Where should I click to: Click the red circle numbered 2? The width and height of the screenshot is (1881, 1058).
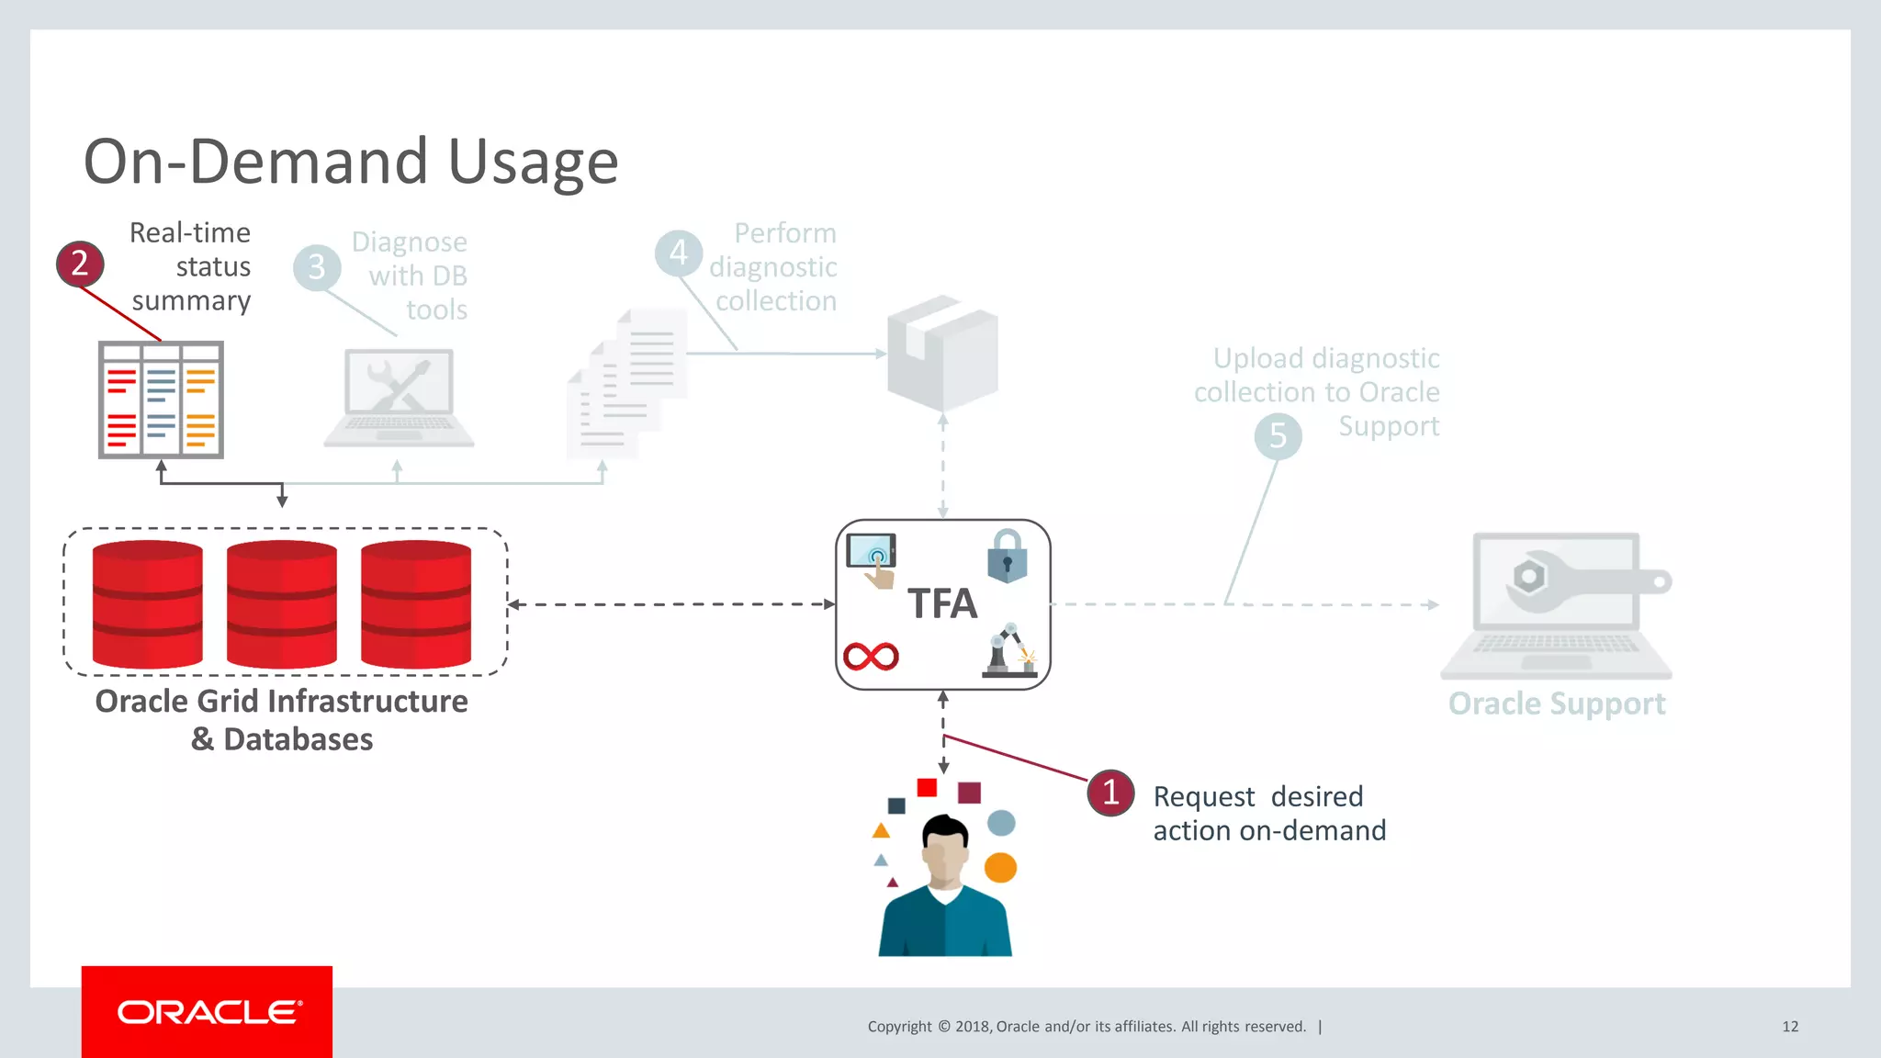tap(80, 264)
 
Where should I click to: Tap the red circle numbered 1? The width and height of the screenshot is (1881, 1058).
tap(1110, 793)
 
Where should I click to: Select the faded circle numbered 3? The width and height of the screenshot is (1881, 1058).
tap(317, 267)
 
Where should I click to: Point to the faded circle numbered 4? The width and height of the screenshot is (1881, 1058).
tap(679, 253)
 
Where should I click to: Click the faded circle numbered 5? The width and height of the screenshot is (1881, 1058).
tap(1278, 435)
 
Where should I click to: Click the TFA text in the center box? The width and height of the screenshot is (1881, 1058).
tap(942, 604)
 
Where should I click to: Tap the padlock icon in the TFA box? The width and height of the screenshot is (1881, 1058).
tap(1007, 557)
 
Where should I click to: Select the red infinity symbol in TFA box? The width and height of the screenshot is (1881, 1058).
tap(871, 656)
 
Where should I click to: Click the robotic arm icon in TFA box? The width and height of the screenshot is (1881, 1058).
tap(1009, 651)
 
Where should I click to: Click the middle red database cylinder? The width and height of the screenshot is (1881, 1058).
tap(282, 604)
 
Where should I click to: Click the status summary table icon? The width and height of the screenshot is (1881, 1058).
tap(161, 400)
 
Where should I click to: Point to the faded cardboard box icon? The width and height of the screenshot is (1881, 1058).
tap(942, 353)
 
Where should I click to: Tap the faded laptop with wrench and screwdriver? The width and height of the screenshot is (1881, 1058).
tap(399, 397)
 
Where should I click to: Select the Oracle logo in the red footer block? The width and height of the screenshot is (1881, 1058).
tap(208, 1012)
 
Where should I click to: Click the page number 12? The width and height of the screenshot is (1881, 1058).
tap(1789, 1027)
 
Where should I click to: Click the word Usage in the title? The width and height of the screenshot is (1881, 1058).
tap(533, 162)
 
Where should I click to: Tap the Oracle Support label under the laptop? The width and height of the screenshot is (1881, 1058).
tap(1556, 703)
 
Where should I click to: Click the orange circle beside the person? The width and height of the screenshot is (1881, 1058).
tap(1000, 867)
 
